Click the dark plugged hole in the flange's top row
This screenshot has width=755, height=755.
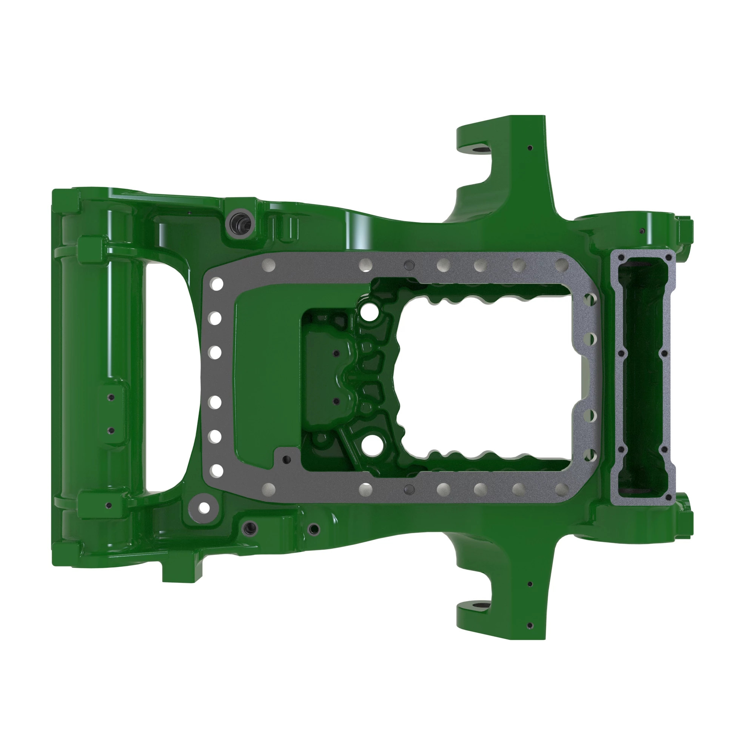click(409, 265)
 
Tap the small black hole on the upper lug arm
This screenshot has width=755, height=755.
click(530, 148)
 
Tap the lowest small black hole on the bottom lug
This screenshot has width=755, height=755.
click(530, 625)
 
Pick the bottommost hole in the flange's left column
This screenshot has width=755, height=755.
click(216, 470)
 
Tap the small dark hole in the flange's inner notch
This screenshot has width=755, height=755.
click(287, 459)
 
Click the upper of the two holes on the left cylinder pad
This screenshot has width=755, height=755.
click(111, 398)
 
